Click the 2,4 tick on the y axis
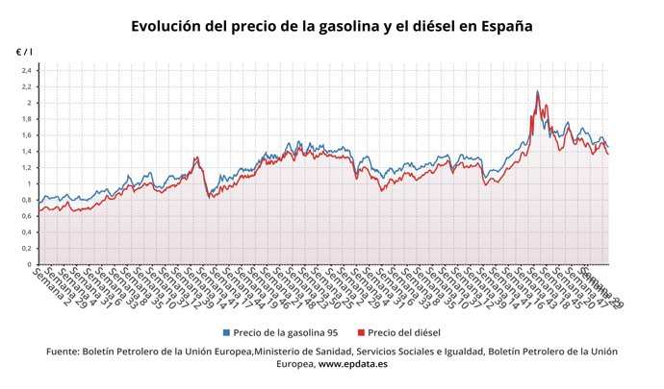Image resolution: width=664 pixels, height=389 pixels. point(27,70)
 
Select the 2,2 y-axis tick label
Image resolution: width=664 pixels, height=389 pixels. point(27,86)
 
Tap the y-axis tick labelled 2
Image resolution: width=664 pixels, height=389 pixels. point(30,103)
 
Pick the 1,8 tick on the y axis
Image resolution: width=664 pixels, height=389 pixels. point(27,119)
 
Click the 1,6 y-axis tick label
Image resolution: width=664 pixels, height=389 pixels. point(27,135)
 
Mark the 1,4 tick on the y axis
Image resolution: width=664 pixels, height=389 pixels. point(27,152)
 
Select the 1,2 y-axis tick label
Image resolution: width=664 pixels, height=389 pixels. point(27,168)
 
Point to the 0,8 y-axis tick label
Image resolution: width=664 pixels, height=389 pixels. point(27,200)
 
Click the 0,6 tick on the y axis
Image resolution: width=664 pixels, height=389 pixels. point(27,216)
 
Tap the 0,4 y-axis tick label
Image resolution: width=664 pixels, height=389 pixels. point(27,232)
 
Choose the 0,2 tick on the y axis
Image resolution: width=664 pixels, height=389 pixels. point(27,249)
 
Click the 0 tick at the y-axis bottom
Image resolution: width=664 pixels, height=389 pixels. point(30,264)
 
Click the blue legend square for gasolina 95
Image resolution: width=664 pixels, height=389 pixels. point(226,332)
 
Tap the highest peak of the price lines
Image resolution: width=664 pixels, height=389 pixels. point(537,92)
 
